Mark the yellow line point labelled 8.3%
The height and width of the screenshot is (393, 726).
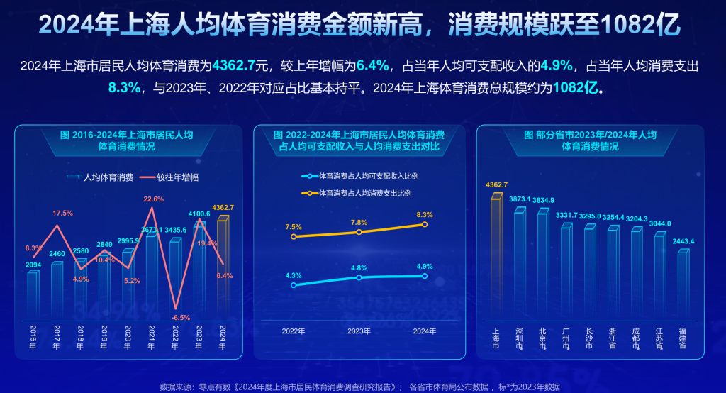[x=425, y=224]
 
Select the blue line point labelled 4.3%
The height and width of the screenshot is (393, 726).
[x=294, y=285]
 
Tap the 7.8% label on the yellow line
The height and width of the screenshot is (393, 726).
[x=359, y=222]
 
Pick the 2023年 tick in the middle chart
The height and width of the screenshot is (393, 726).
[x=359, y=331]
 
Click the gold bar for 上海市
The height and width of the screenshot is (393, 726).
[x=496, y=255]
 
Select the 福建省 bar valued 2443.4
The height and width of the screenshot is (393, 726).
[x=682, y=284]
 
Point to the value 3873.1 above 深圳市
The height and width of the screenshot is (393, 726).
[x=520, y=199]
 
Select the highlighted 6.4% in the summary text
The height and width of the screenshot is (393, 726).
[x=372, y=66]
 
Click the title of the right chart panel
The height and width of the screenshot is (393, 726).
[x=590, y=140]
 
